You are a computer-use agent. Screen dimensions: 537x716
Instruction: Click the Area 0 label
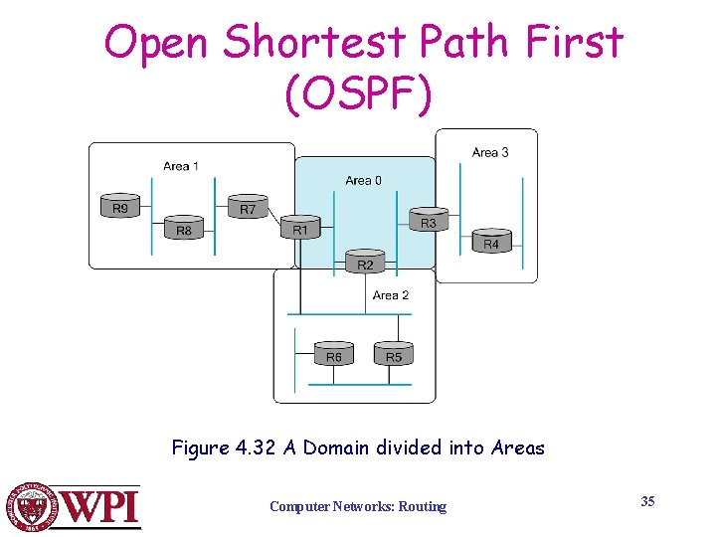coord(363,180)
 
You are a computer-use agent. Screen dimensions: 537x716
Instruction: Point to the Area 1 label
coord(181,166)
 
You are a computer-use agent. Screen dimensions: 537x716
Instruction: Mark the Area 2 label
coord(390,295)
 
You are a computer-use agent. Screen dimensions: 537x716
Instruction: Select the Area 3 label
coord(490,152)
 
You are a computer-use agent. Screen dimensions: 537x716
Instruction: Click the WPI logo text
coord(101,507)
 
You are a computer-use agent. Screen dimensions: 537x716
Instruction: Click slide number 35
coord(647,501)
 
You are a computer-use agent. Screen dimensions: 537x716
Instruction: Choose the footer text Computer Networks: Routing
coord(358,507)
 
